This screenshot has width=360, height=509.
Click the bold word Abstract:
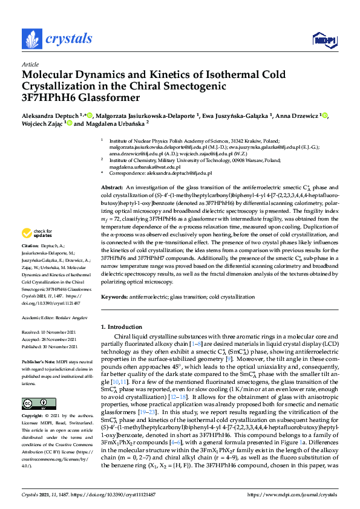pos(112,172)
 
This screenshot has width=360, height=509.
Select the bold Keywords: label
pos(114,297)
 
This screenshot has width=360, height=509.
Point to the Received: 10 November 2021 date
pos(51,332)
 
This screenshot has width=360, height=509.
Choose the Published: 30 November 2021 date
pos(52,346)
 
